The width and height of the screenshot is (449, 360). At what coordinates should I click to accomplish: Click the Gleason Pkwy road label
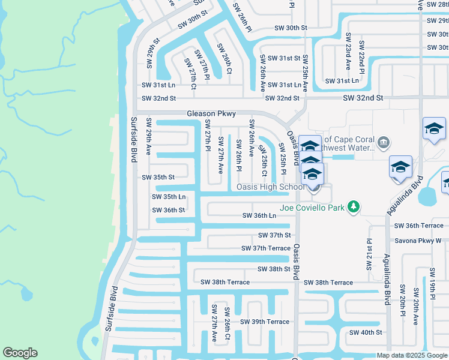tap(211, 113)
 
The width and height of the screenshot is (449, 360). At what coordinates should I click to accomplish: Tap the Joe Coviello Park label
tap(312, 208)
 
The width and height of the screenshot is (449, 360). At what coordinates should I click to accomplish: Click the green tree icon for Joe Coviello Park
tap(354, 207)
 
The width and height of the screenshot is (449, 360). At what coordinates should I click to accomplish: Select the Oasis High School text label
tap(270, 187)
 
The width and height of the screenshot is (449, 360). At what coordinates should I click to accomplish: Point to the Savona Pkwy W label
tap(418, 241)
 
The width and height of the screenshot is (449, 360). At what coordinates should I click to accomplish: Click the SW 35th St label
tap(158, 178)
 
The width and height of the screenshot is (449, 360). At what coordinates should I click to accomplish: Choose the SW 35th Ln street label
tap(168, 197)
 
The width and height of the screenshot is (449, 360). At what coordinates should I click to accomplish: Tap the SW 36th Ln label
tap(259, 215)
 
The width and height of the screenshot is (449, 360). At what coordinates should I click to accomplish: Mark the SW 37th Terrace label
tap(266, 248)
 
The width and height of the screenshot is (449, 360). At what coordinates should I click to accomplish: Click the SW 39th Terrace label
tap(265, 322)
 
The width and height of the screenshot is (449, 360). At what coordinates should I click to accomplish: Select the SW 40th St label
tap(366, 332)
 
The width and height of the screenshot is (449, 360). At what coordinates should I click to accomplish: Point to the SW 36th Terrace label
tap(418, 226)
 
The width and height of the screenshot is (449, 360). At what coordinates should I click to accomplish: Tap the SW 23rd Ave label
tap(348, 56)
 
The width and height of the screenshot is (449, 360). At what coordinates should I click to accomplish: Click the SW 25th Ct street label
tap(263, 157)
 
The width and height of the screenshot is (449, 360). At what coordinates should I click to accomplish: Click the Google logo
tap(20, 353)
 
